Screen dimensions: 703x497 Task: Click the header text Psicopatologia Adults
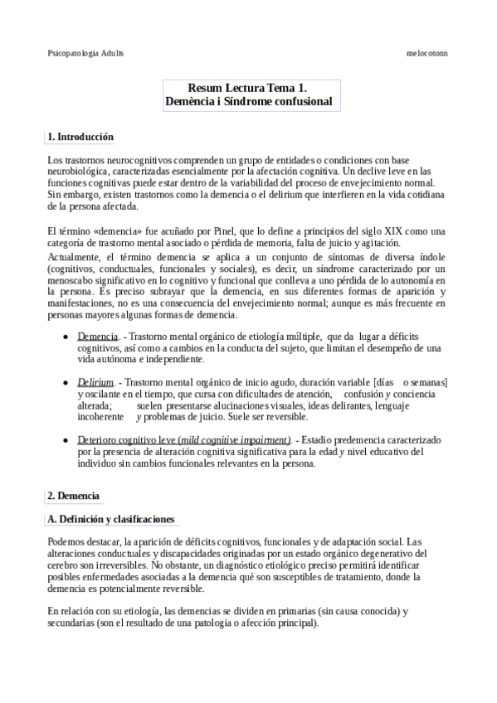(85, 52)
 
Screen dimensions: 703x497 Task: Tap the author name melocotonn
(426, 52)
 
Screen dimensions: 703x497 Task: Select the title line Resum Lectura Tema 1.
(248, 87)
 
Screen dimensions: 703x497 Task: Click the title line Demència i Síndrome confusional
(248, 101)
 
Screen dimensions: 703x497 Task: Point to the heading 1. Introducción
(80, 137)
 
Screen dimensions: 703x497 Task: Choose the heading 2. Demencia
(74, 496)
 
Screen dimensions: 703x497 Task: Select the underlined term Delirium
(95, 382)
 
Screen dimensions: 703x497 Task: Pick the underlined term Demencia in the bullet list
(98, 337)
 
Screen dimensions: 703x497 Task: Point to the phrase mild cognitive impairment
(246, 439)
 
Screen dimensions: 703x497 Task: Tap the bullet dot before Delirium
(66, 382)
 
